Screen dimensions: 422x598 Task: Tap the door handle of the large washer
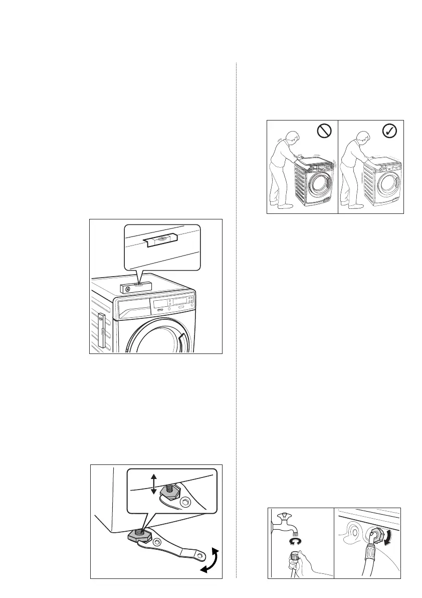(x=182, y=343)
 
